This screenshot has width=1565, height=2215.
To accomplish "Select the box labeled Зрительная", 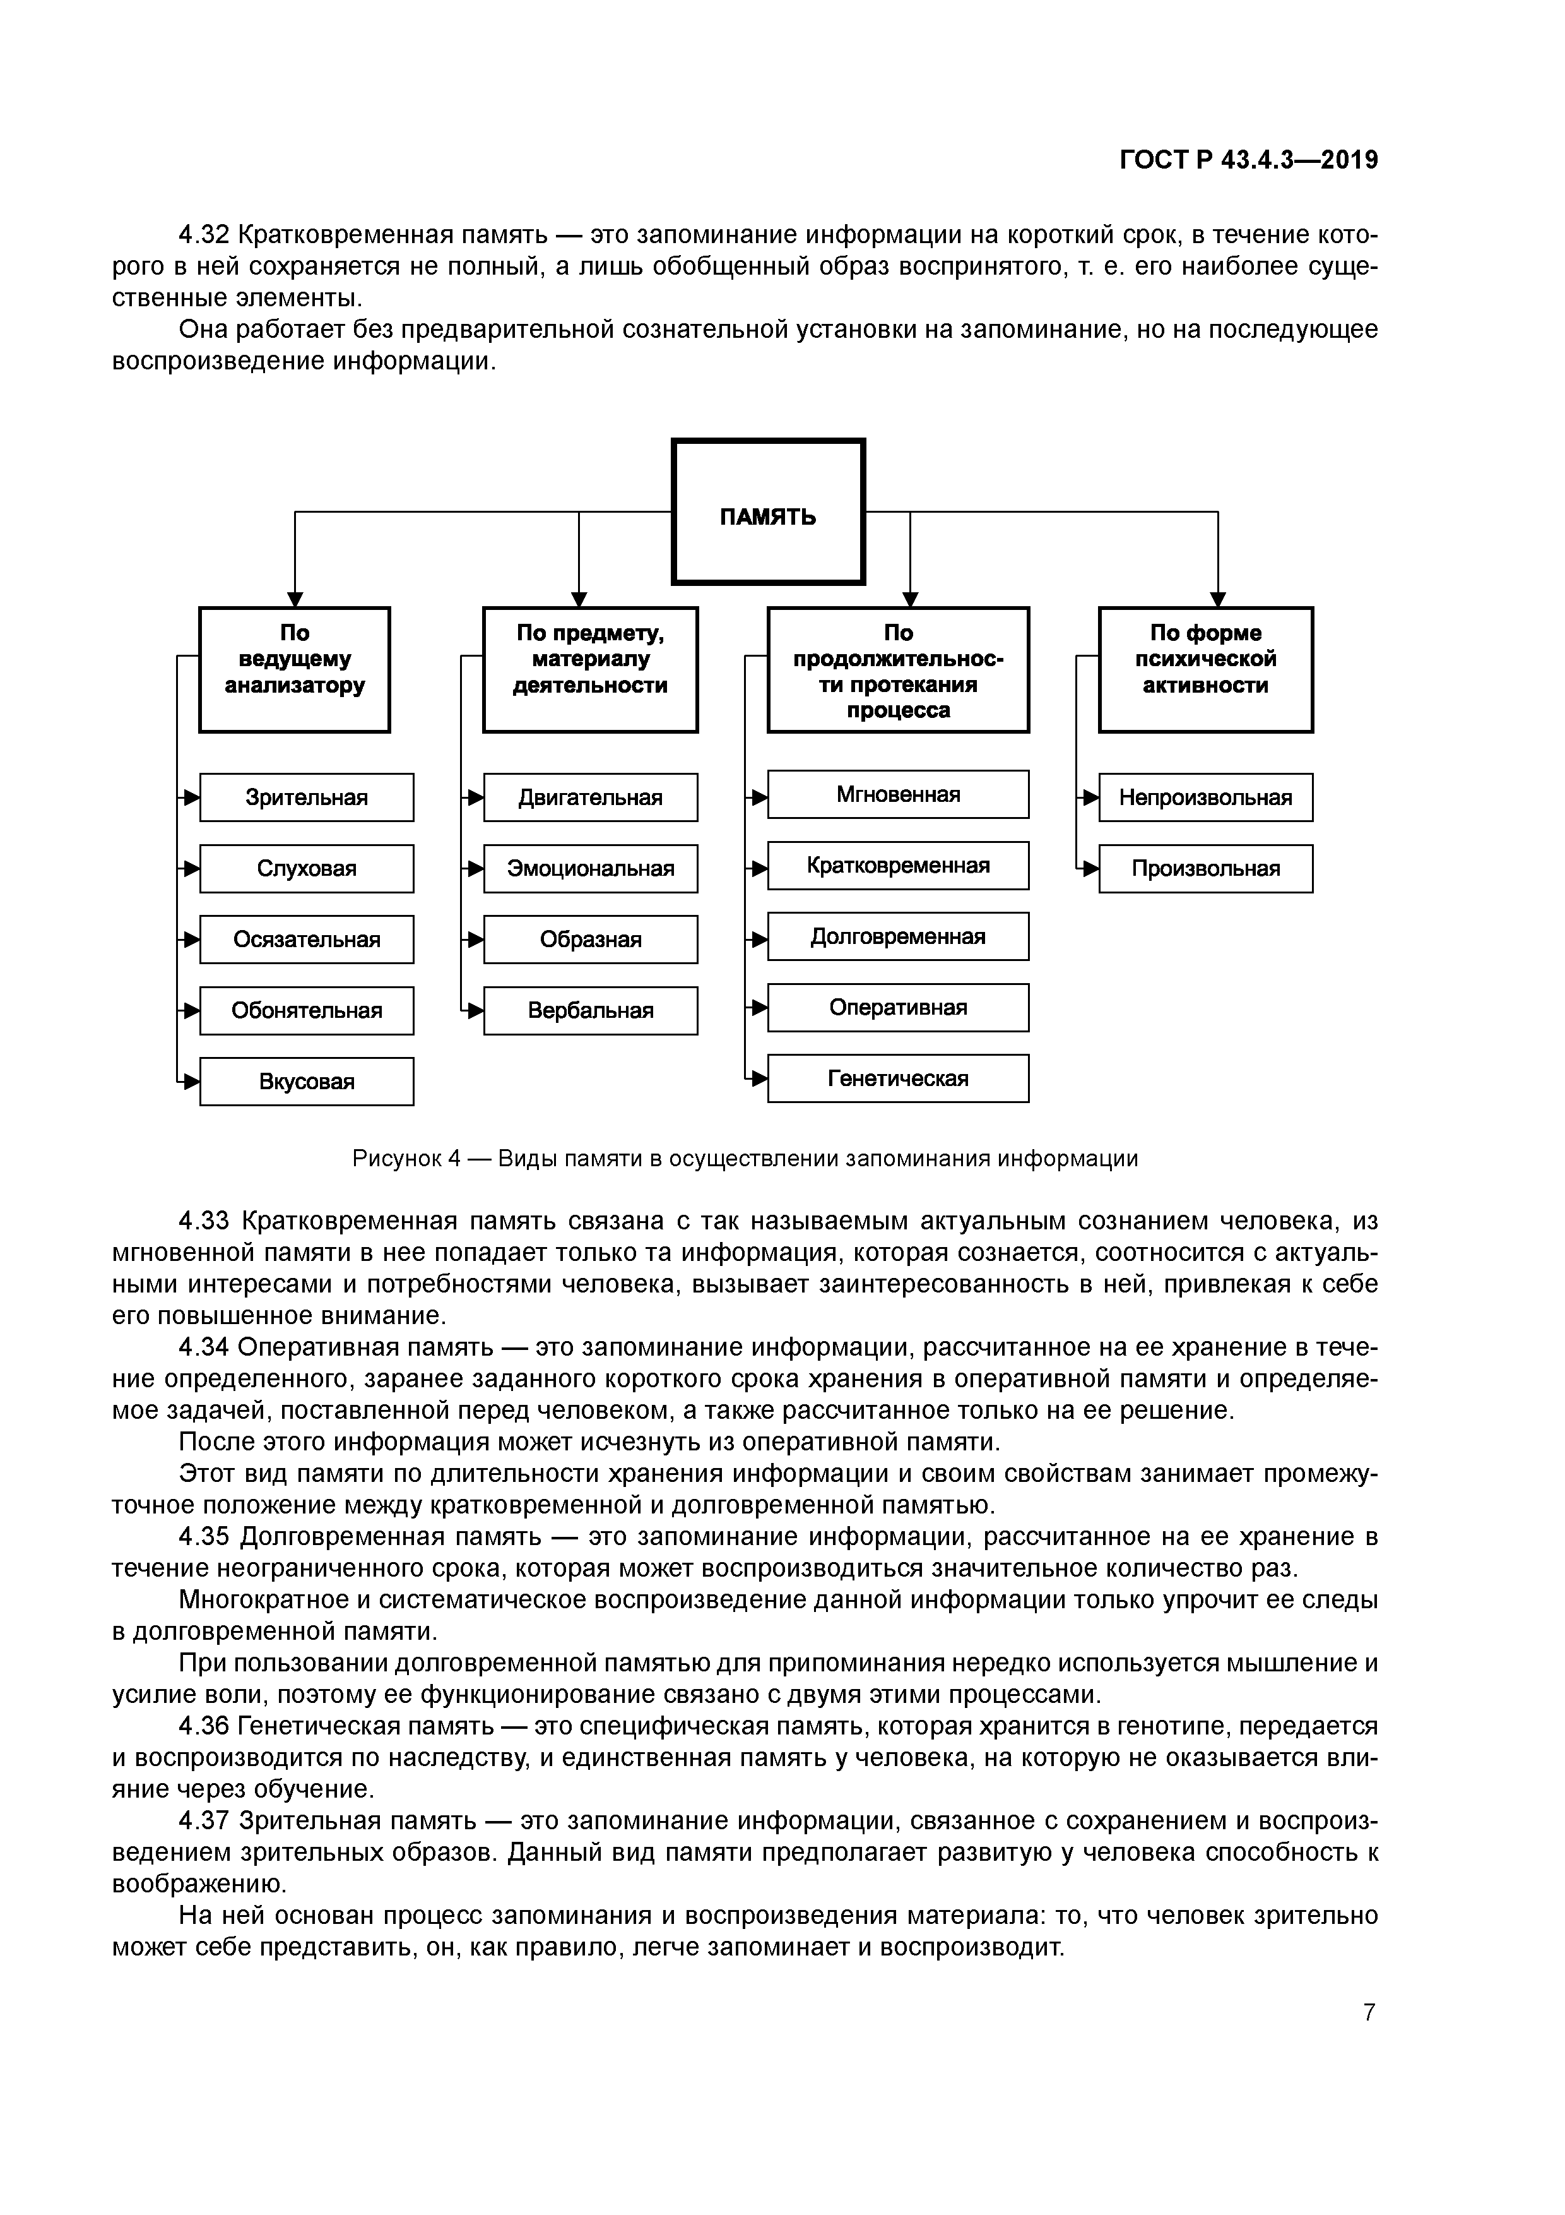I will point(307,797).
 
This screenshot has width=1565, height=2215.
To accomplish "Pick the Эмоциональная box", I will point(590,868).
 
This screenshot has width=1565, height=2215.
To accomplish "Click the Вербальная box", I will point(590,1010).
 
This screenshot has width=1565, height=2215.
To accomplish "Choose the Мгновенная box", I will point(898,794).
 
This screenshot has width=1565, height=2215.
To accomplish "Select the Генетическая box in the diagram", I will point(898,1078).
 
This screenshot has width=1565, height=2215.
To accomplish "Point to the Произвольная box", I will point(1205,868).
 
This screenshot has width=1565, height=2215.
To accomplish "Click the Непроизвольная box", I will point(1205,797).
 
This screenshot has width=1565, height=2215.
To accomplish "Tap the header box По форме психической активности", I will point(1205,669).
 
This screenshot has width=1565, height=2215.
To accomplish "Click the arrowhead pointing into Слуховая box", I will point(191,868).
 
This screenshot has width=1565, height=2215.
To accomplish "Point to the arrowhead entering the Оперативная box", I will point(759,1007).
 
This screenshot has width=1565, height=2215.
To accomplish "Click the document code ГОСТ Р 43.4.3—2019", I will point(1249,159).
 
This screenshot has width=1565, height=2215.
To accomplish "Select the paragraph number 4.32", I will point(203,234).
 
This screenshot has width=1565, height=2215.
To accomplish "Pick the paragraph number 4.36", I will point(203,1725).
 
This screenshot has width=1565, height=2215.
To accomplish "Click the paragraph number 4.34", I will point(203,1347).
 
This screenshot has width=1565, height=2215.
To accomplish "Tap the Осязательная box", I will point(307,939).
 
